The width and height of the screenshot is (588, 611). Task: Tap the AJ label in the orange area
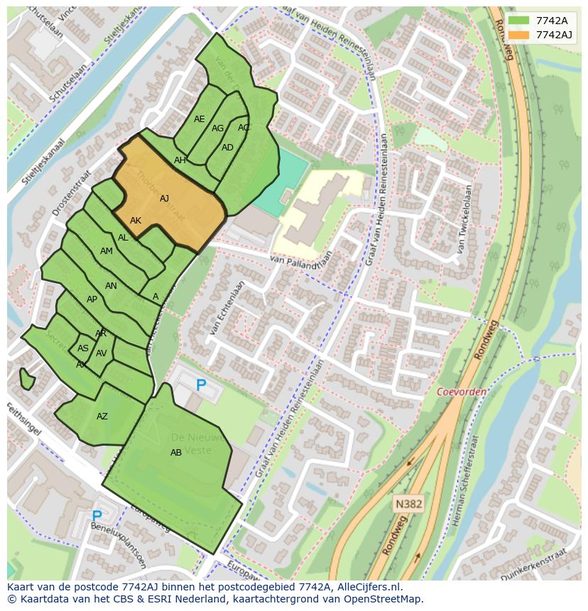164,199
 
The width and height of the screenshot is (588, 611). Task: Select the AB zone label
176,453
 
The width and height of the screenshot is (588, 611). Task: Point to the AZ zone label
102,417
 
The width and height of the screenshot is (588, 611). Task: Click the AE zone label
199,119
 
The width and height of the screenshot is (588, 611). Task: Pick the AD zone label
227,148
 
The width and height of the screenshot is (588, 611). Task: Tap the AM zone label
107,251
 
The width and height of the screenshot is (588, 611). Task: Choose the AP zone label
92,299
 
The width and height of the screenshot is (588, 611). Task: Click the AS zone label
83,348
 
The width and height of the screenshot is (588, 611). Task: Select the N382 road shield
408,504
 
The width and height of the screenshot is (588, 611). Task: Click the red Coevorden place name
462,392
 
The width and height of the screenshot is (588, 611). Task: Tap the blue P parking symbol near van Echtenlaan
201,385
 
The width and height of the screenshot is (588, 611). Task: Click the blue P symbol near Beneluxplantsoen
97,516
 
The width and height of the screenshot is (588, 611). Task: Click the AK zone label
136,221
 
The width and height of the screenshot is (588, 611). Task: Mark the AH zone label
180,160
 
